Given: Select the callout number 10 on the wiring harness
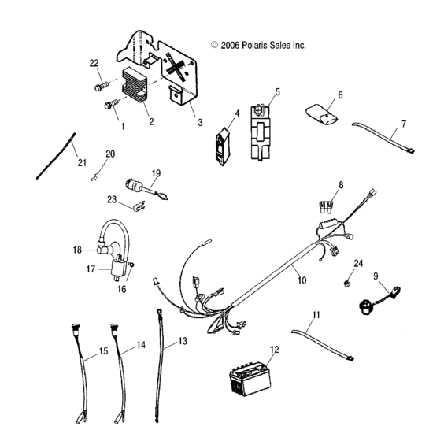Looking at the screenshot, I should coord(299,279).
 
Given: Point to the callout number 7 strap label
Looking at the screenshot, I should coord(403,124).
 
